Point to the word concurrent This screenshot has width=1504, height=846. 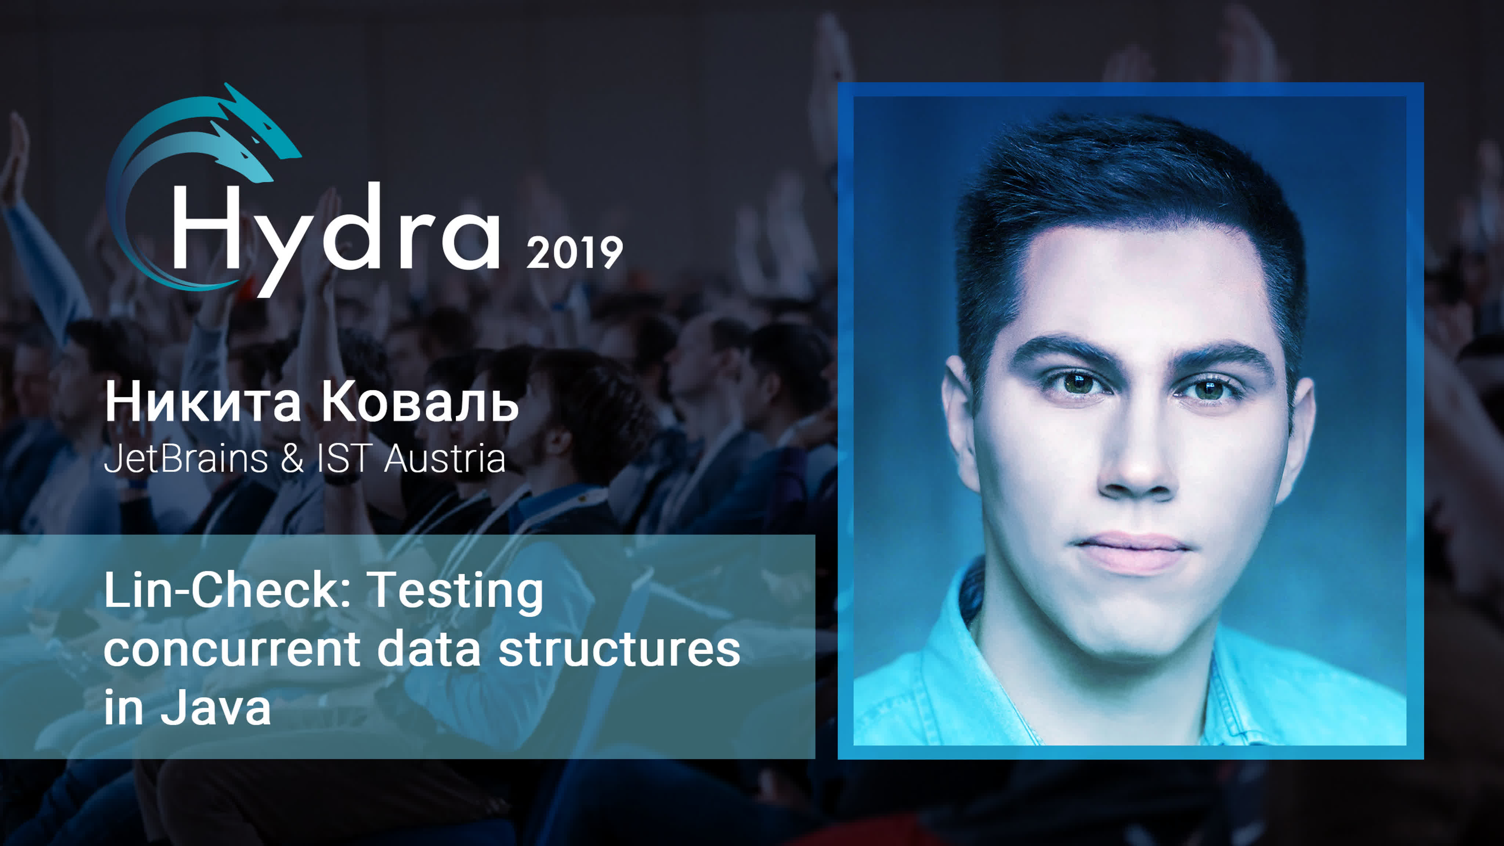(x=232, y=650)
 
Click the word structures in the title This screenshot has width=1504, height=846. (x=619, y=650)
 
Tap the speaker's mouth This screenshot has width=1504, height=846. (x=1133, y=552)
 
